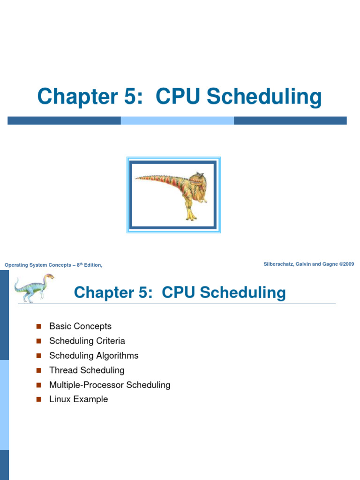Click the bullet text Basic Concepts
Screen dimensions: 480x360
[80, 326]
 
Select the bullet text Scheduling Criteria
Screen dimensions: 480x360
[87, 341]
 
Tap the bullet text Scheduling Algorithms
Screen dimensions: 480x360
[94, 355]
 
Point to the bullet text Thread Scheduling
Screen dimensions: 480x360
[87, 370]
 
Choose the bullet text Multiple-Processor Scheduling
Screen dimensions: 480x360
[110, 385]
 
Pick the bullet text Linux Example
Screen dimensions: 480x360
[78, 399]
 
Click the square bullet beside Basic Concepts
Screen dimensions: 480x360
[39, 326]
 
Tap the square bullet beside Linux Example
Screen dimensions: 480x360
[39, 399]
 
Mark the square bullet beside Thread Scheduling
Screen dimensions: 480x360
[39, 370]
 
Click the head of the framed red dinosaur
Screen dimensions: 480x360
[196, 180]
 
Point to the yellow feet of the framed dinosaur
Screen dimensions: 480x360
[190, 216]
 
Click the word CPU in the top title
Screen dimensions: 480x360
[178, 97]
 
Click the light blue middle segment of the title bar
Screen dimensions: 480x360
[177, 120]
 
